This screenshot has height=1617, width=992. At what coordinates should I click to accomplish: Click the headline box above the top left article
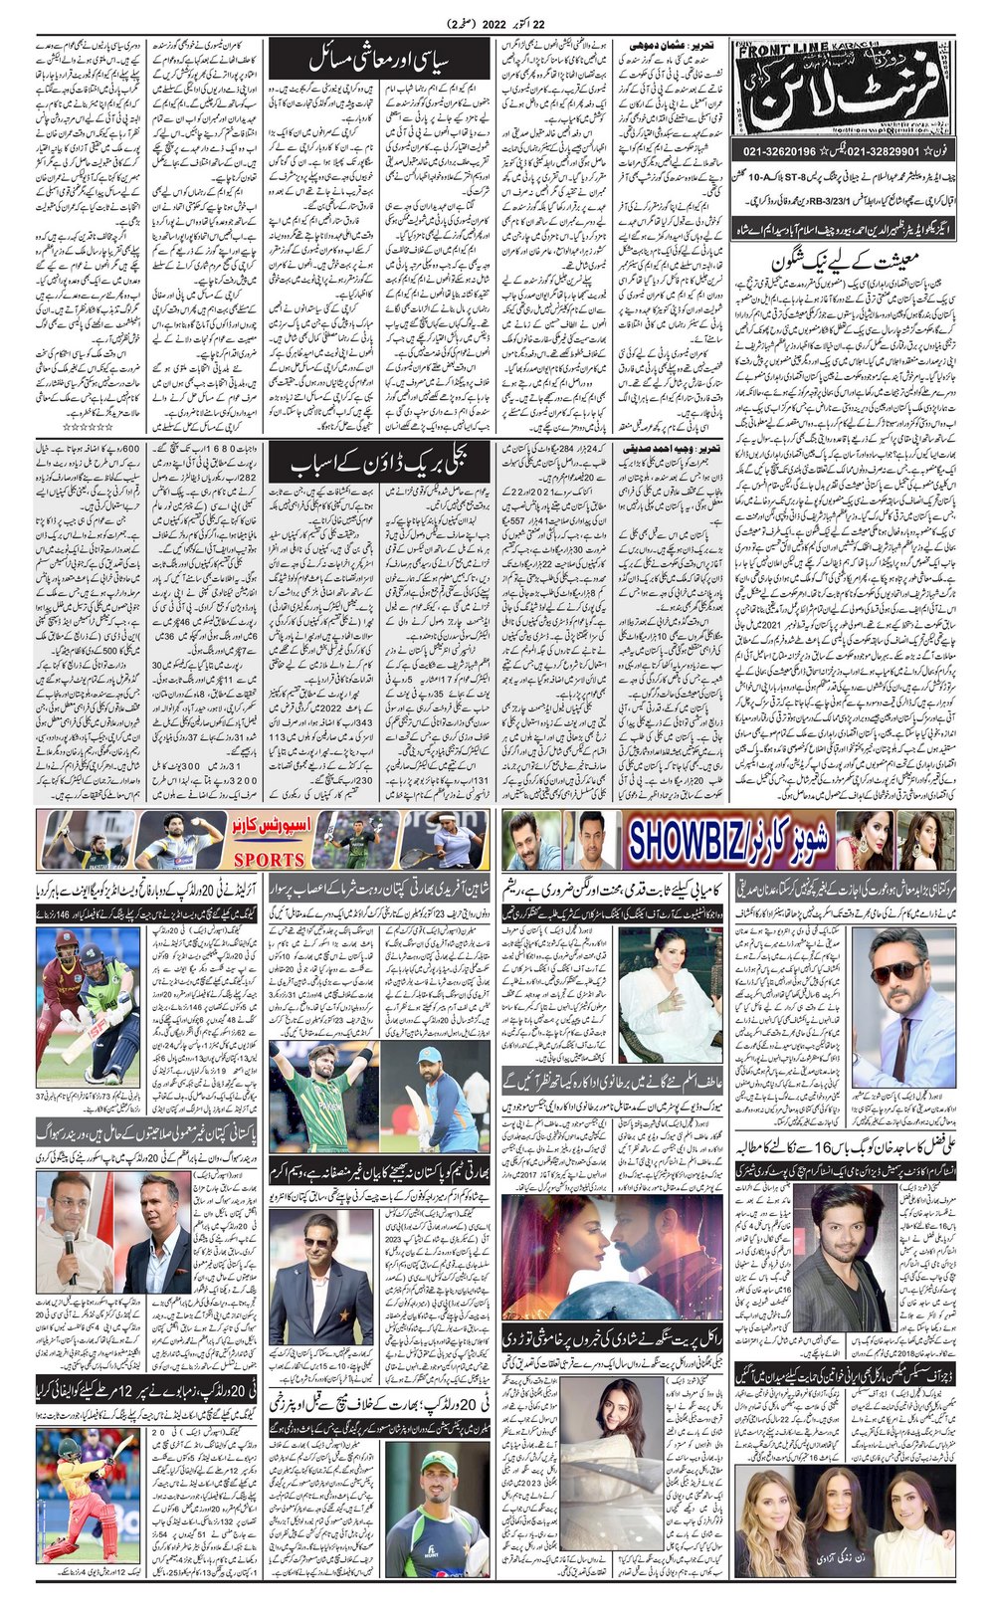click(x=378, y=58)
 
